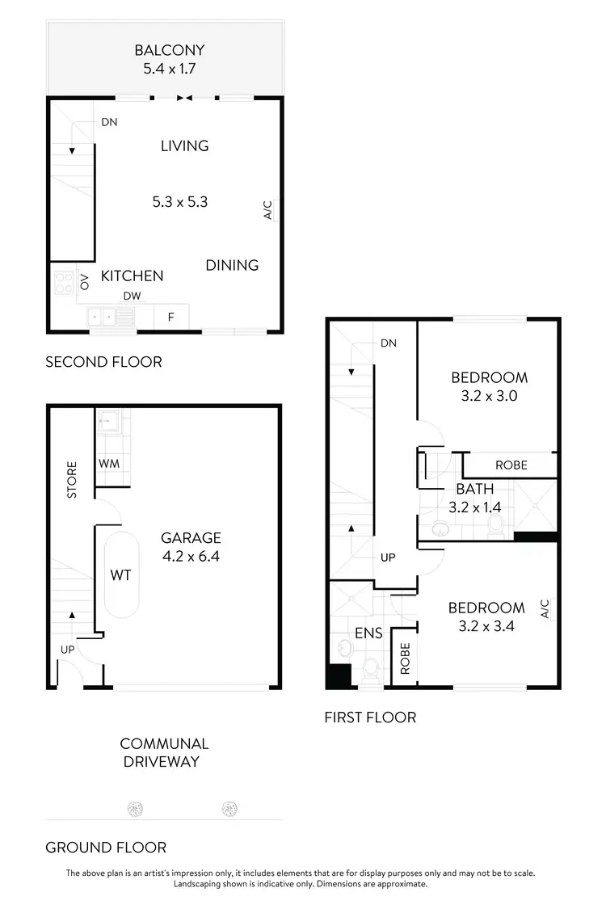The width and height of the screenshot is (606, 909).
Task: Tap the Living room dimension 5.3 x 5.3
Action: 180,202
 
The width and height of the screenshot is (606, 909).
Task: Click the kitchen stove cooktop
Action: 63,282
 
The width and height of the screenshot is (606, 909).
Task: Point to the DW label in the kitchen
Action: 132,297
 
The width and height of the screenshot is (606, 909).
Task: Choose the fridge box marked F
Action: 170,318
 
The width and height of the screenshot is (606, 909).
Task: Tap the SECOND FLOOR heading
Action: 103,362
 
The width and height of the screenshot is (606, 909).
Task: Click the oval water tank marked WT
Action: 121,575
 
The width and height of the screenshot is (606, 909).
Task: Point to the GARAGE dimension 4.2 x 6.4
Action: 191,556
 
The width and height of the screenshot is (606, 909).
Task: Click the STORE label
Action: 71,479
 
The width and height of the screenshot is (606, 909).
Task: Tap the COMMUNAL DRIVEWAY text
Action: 165,752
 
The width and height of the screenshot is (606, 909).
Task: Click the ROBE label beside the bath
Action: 511,465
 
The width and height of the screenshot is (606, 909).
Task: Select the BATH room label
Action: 474,489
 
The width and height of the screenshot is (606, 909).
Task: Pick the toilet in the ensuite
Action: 372,669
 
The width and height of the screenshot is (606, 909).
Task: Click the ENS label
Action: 368,633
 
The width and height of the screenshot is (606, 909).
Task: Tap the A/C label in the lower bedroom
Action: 545,608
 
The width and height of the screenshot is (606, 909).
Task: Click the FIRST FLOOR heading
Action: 370,717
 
